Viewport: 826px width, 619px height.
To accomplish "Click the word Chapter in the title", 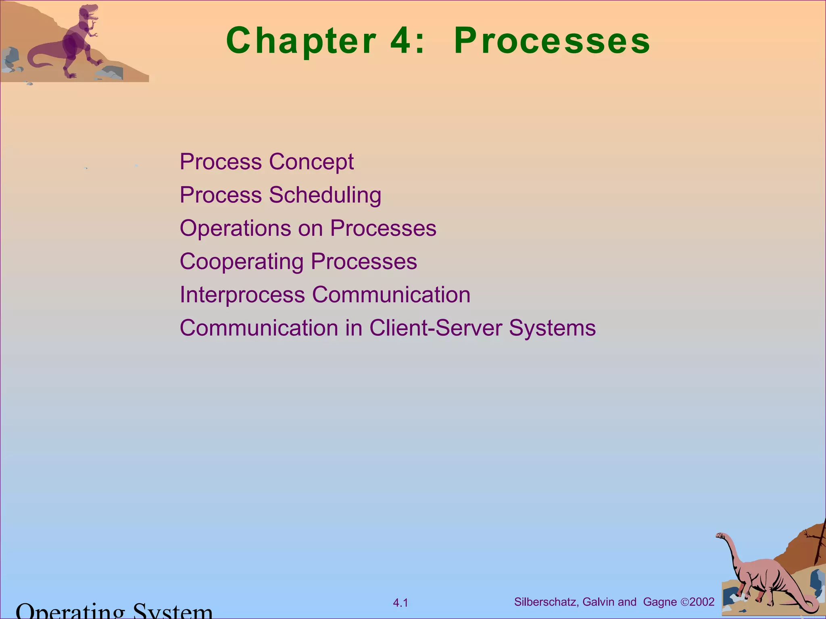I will (301, 41).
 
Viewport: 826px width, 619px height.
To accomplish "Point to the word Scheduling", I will (325, 195).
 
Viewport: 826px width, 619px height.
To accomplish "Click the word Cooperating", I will (241, 262).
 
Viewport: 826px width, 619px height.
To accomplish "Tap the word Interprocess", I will (242, 295).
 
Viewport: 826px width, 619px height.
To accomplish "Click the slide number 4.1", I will (400, 603).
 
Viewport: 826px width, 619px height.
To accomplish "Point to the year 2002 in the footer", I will (702, 602).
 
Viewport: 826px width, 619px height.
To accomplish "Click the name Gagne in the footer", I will (660, 602).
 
